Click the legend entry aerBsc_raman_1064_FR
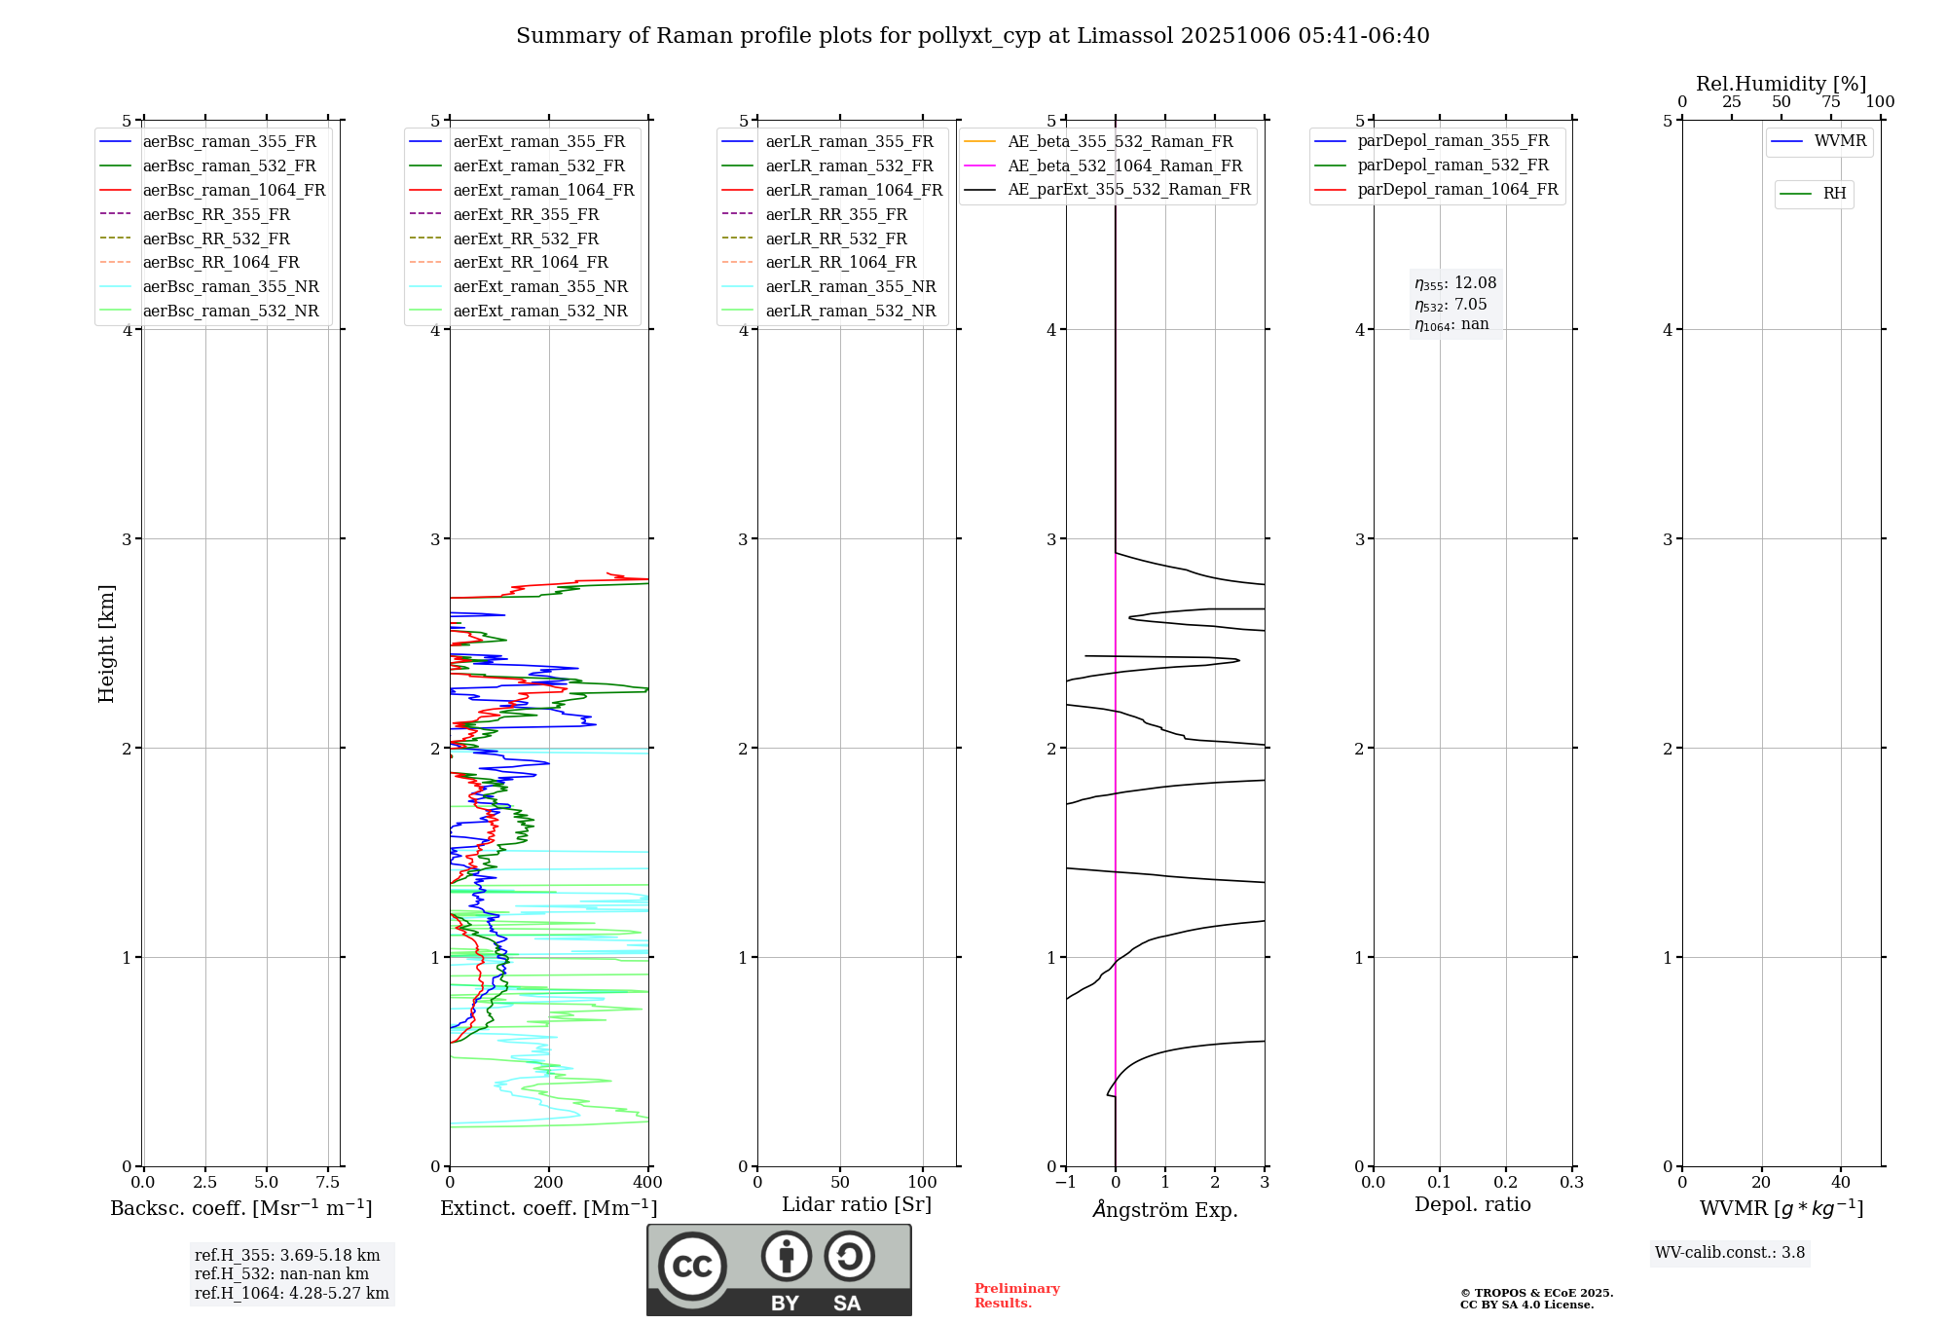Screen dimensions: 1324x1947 pos(234,191)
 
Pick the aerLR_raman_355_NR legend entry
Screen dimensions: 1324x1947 pos(850,287)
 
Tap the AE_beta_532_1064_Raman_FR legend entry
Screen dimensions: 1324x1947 pos(1124,166)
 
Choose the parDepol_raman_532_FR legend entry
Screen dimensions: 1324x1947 pos(1452,165)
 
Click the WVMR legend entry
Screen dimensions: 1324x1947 pos(1840,141)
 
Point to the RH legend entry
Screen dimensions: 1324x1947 pos(1834,194)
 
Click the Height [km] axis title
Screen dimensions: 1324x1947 pos(106,644)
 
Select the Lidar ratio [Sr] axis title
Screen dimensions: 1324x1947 pos(857,1204)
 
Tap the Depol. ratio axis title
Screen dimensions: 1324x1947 pos(1472,1204)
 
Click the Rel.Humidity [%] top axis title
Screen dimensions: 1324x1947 pos(1781,84)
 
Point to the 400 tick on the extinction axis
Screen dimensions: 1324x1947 pos(648,1183)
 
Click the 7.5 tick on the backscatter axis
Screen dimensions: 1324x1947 pos(328,1183)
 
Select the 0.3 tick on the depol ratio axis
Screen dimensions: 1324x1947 pos(1571,1183)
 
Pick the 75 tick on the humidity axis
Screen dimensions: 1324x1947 pos(1831,102)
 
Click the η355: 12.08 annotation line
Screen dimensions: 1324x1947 pos(1455,283)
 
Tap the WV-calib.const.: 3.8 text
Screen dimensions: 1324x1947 pos(1730,1253)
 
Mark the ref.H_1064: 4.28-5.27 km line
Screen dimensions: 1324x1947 pos(291,1294)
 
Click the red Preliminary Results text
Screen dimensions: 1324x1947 pos(1016,1296)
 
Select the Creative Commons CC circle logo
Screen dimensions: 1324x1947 pos(692,1266)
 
